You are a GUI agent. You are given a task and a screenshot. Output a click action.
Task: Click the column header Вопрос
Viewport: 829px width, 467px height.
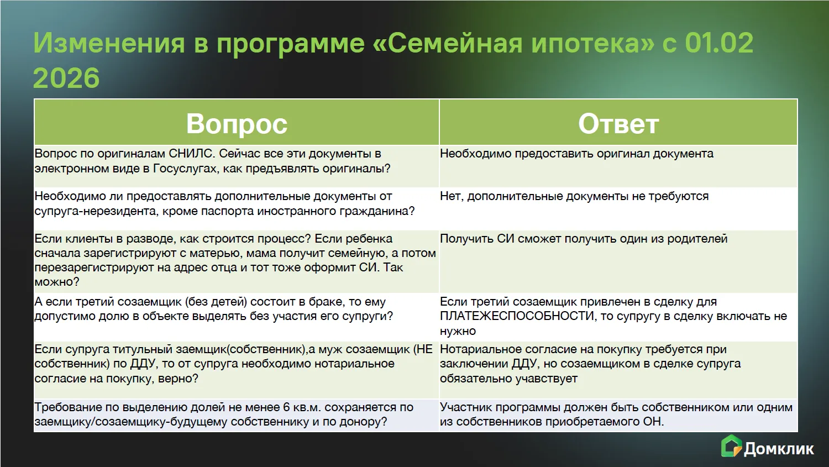coord(237,124)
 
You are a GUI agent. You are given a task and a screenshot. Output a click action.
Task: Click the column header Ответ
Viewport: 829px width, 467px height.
coord(618,124)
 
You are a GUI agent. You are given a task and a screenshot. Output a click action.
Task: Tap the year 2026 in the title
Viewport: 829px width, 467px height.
coord(66,78)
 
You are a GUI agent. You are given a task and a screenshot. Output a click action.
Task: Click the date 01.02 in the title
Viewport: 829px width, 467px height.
coord(719,43)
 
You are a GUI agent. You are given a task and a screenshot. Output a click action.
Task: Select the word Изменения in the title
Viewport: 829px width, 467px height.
coord(109,43)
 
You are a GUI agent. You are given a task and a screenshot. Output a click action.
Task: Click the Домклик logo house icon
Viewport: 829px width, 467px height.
coord(731,445)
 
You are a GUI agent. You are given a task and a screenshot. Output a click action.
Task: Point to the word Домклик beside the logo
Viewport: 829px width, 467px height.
coord(779,449)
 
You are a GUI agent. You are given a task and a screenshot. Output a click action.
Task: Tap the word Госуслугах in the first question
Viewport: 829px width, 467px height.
coord(185,169)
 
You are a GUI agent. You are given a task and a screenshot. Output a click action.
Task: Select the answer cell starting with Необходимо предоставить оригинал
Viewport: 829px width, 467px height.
coord(576,154)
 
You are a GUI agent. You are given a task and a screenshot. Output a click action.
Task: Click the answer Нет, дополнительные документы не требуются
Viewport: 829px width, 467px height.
coord(574,196)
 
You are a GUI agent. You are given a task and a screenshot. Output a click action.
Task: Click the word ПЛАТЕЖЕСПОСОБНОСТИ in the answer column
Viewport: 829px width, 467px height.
coord(517,316)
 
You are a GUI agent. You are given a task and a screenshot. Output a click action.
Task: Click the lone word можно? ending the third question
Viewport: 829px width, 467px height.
coord(57,282)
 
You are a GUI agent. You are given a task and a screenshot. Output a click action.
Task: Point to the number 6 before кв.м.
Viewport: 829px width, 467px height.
coord(286,407)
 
